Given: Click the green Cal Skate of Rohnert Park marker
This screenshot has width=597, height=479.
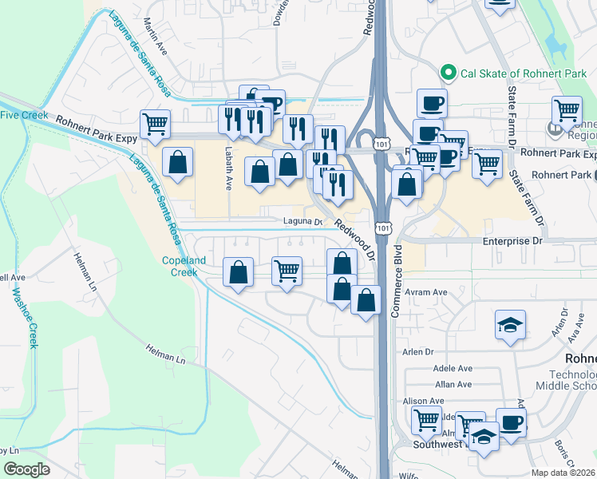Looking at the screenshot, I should (x=448, y=73).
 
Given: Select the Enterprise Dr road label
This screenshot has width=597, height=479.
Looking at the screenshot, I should (x=512, y=240).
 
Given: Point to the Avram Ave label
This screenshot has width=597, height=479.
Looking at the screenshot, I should (x=428, y=292).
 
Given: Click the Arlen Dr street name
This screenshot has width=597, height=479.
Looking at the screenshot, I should (x=417, y=351).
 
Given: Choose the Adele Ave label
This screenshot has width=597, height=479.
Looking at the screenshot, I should (x=453, y=368).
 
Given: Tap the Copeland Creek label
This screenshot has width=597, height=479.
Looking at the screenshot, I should (x=184, y=266).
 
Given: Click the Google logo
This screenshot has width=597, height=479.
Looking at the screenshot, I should (x=27, y=469).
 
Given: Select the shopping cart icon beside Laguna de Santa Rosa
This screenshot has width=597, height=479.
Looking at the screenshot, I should (x=154, y=123).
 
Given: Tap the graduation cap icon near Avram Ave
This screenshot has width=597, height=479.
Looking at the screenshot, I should (x=510, y=324).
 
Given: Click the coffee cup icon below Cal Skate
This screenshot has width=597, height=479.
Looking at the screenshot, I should (x=432, y=102).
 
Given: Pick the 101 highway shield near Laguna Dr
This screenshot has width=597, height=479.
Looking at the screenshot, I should (x=385, y=228).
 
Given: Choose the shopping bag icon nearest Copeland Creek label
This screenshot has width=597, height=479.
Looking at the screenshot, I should (x=239, y=271).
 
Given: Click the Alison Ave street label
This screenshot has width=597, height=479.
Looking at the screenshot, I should (x=424, y=401).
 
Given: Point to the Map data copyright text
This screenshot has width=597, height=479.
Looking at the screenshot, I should (x=563, y=473).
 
